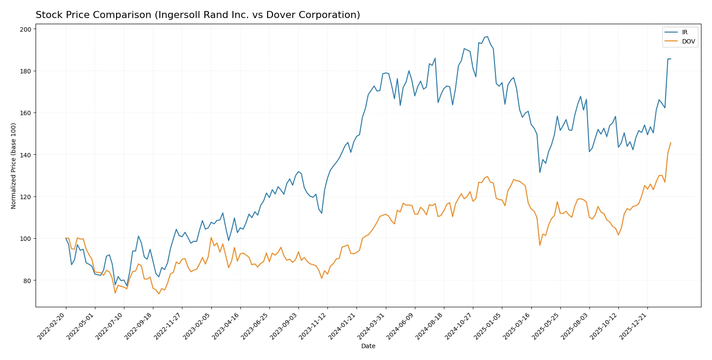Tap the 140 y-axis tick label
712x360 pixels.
(x=26, y=155)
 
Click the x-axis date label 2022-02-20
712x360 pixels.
(x=52, y=326)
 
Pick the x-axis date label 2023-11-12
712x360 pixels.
(x=313, y=326)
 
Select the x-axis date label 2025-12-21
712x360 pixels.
(x=633, y=326)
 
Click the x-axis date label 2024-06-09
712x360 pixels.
(x=400, y=326)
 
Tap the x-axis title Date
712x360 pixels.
(x=368, y=346)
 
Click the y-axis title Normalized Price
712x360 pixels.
(x=14, y=166)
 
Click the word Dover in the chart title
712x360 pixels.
(x=279, y=15)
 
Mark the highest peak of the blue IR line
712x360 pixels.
(x=487, y=37)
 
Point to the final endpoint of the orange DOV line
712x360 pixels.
(x=671, y=142)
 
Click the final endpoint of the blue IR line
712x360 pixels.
(x=671, y=59)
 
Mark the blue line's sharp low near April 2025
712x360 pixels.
(x=540, y=172)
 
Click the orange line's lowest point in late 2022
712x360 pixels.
(x=159, y=294)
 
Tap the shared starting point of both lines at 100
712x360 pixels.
(x=66, y=238)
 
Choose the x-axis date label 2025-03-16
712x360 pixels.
(x=517, y=326)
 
